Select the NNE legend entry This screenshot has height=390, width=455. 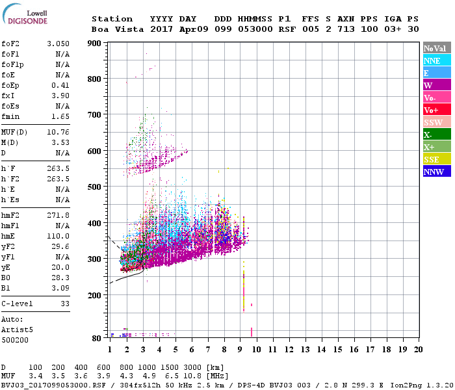tap(437, 60)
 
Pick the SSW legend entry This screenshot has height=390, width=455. tap(437, 122)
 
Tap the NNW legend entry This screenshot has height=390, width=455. tap(437, 172)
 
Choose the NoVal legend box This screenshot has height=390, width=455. tap(437, 48)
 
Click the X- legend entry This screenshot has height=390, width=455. tap(437, 135)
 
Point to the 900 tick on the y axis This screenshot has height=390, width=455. tap(96, 43)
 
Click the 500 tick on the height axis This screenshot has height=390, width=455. tap(96, 187)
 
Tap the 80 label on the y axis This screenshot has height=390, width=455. tap(97, 338)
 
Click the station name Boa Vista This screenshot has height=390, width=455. tap(112, 29)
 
